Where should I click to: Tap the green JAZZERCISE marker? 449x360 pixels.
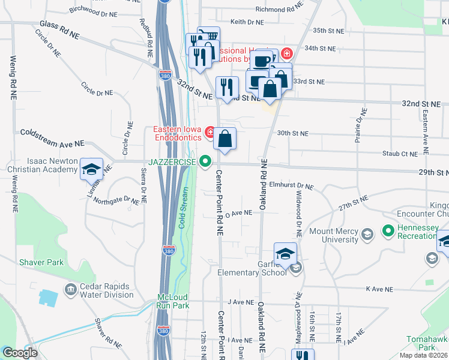(206, 161)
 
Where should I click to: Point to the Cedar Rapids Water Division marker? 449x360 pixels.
(71, 290)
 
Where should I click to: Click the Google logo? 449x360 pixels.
(20, 353)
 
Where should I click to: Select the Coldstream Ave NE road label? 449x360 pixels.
(52, 137)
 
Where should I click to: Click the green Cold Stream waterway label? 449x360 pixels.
(183, 208)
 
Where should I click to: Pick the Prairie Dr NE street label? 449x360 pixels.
(363, 124)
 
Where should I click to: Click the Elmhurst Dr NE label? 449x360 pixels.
(292, 187)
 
